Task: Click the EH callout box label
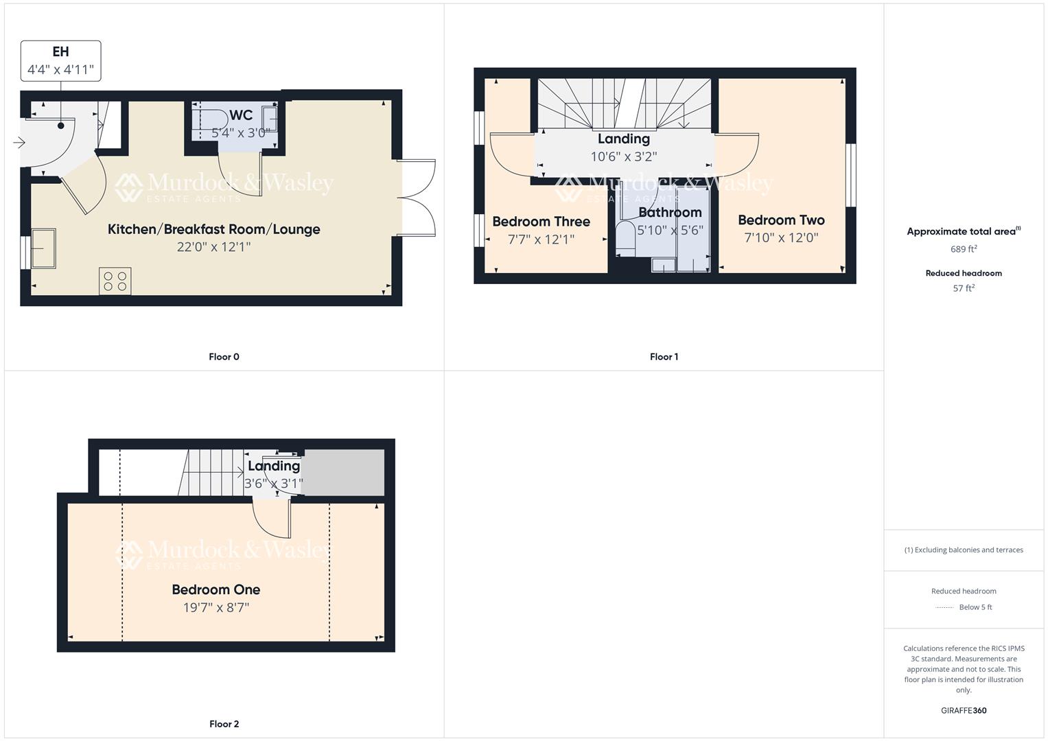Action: pos(60,51)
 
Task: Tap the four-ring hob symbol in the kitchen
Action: pos(115,281)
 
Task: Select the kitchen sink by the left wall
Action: pos(43,248)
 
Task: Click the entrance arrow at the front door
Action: pos(19,143)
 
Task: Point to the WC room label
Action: pos(241,115)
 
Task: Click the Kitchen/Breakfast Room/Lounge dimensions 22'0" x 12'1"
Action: pos(213,247)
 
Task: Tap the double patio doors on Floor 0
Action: pos(417,198)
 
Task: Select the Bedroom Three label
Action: pos(541,222)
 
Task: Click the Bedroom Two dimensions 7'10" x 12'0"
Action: pos(781,238)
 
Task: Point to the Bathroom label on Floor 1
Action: pos(670,213)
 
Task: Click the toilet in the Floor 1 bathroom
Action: pos(625,237)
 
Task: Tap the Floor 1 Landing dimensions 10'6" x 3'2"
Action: pos(623,156)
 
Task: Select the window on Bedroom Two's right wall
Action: pos(850,175)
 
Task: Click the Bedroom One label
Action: pos(216,589)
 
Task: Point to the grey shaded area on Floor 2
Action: pos(344,472)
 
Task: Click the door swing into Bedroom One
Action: pos(271,519)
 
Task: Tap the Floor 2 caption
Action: pos(224,724)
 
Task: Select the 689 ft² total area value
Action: pos(964,249)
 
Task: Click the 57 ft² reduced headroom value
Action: pos(964,288)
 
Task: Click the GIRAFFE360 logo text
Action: pos(964,710)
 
